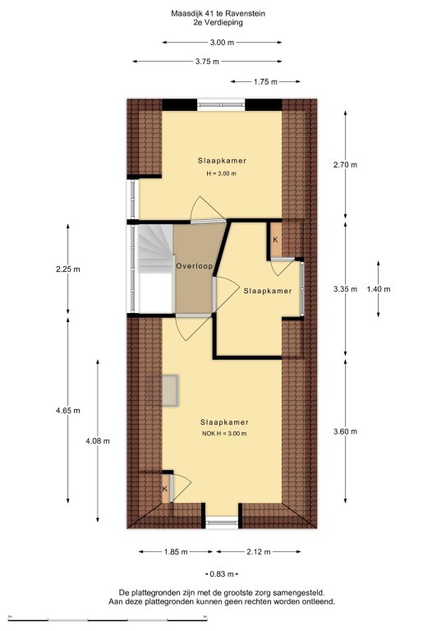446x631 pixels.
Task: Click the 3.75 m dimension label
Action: (x=208, y=62)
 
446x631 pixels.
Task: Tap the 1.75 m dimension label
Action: (x=265, y=81)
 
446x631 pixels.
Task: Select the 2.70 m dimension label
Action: (x=346, y=164)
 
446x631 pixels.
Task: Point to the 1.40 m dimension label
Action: (x=379, y=289)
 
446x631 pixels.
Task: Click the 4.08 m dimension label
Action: (x=98, y=440)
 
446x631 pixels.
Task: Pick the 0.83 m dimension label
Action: (x=222, y=573)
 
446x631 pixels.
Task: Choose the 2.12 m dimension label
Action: (x=259, y=552)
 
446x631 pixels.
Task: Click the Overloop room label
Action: (x=194, y=266)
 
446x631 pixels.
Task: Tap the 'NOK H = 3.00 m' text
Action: (x=224, y=434)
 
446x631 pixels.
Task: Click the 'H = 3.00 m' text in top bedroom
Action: (x=221, y=174)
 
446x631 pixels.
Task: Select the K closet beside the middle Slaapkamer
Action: (x=276, y=240)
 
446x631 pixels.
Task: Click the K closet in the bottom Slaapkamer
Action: (x=165, y=489)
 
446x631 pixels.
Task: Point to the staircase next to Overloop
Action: (x=156, y=268)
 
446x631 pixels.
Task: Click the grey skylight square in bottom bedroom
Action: (x=163, y=390)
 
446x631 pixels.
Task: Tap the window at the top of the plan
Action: (x=221, y=105)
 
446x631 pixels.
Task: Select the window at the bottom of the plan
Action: (x=222, y=524)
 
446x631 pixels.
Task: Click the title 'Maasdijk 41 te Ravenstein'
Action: (x=218, y=14)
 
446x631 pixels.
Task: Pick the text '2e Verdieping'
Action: (x=218, y=22)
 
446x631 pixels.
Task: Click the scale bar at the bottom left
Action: (x=108, y=619)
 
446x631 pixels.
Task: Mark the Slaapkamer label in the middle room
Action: (x=268, y=291)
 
